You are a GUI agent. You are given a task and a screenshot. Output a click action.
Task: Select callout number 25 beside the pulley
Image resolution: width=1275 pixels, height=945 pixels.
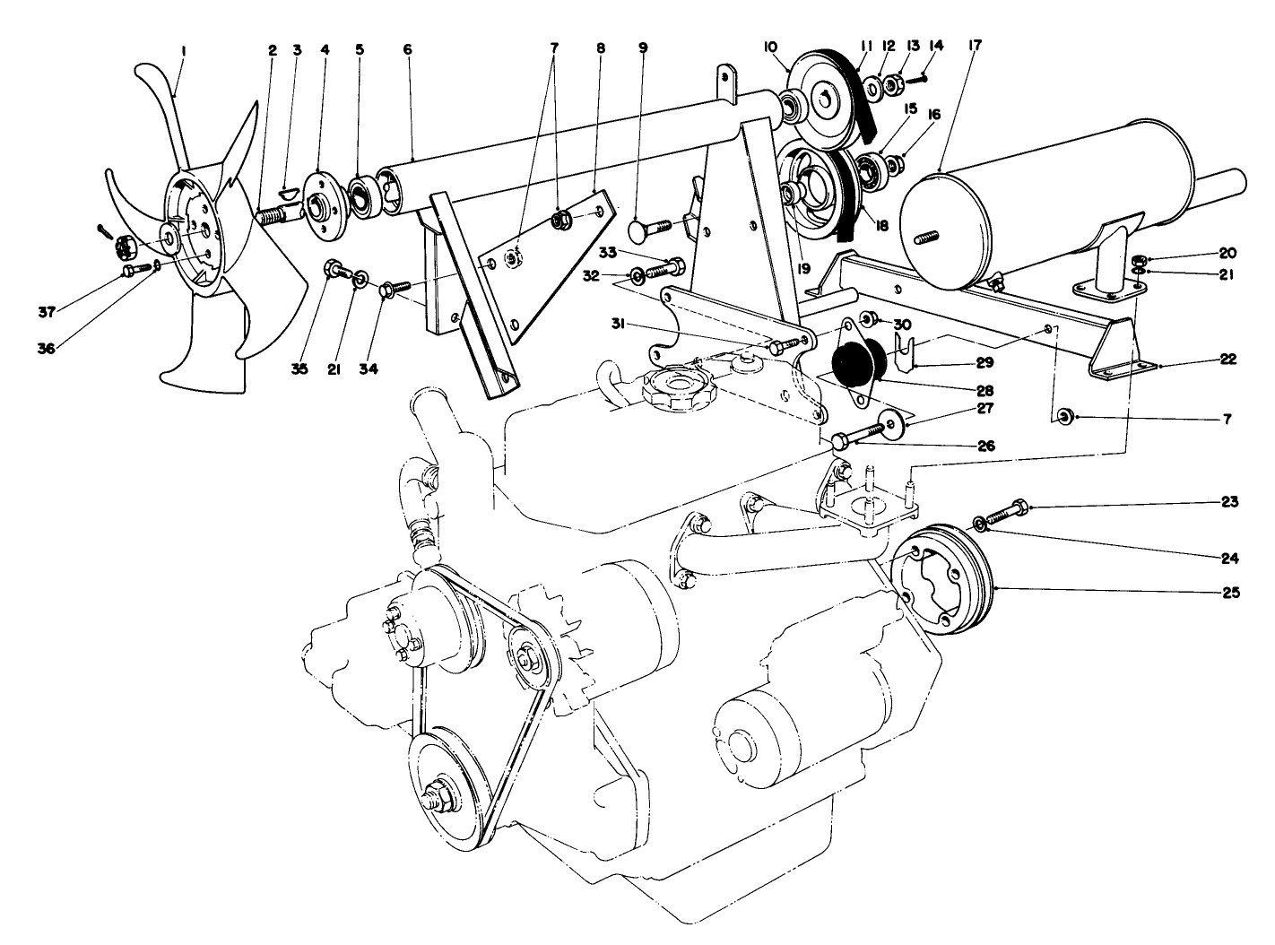click(x=1229, y=593)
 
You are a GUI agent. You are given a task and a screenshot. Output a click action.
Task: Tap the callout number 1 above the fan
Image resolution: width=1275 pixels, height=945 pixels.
click(x=183, y=52)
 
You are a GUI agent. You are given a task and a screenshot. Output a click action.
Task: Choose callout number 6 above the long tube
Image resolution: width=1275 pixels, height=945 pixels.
click(x=407, y=50)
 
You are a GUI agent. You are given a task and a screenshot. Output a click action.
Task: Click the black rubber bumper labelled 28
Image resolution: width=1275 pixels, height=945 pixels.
click(x=860, y=361)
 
